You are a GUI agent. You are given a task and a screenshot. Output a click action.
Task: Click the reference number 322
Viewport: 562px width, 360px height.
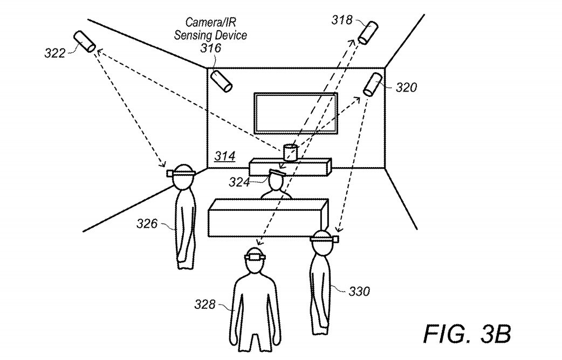55,53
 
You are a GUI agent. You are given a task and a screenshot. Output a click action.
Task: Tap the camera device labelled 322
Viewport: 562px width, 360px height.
85,41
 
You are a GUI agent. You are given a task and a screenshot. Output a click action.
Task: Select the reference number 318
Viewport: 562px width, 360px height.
342,20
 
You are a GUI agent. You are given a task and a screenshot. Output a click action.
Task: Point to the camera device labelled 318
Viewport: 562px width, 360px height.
368,33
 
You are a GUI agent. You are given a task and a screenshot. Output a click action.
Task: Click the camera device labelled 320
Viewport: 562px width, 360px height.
373,84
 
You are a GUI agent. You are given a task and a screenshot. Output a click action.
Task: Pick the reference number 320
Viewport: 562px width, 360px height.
406,87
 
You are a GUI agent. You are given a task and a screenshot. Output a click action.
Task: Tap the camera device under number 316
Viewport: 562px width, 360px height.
221,81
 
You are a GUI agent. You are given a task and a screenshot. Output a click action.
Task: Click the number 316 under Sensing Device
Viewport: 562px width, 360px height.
211,47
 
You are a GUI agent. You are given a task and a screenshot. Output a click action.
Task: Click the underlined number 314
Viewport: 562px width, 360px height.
225,156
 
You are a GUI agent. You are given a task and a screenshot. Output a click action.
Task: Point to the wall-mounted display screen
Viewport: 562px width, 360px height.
296,113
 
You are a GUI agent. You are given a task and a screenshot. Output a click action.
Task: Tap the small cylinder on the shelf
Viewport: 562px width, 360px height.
290,153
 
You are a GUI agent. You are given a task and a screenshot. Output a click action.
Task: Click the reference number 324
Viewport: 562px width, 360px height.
239,182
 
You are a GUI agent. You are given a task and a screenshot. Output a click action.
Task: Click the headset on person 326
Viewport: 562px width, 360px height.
181,174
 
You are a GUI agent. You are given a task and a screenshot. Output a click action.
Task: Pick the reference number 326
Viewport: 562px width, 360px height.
147,224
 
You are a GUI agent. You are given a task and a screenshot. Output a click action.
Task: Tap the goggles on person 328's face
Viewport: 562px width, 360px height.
255,257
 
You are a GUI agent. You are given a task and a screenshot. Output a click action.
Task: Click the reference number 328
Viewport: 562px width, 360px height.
205,304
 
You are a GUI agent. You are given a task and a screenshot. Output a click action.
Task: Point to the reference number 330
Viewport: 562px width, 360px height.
359,291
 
